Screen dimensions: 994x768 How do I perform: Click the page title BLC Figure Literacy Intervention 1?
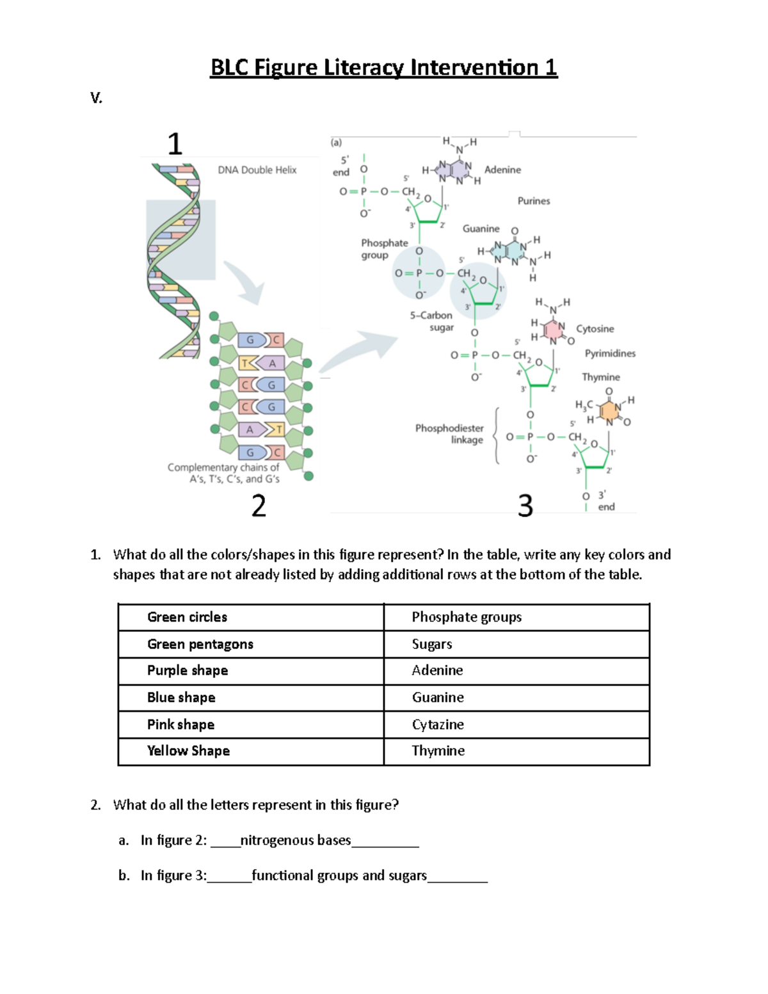383,67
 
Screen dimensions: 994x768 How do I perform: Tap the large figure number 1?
175,143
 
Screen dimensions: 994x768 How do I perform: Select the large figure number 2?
259,506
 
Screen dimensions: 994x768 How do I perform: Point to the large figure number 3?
525,506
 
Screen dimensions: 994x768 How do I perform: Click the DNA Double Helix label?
257,170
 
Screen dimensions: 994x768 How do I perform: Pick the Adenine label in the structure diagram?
502,170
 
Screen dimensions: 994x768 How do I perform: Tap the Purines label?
534,201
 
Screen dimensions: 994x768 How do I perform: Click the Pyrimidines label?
610,353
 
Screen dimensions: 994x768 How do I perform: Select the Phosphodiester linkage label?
449,434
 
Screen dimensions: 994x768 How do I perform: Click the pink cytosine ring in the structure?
552,330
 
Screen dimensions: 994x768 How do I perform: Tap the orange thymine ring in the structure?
608,410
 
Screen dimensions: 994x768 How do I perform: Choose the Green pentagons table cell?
200,644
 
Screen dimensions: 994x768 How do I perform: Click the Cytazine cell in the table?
438,725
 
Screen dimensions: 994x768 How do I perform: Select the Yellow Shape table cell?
188,751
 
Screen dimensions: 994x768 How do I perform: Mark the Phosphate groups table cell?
467,617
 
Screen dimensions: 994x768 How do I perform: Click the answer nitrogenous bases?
296,840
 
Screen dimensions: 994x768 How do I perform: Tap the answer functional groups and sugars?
339,876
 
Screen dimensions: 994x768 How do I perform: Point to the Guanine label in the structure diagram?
481,228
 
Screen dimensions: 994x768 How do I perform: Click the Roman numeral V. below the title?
96,98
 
